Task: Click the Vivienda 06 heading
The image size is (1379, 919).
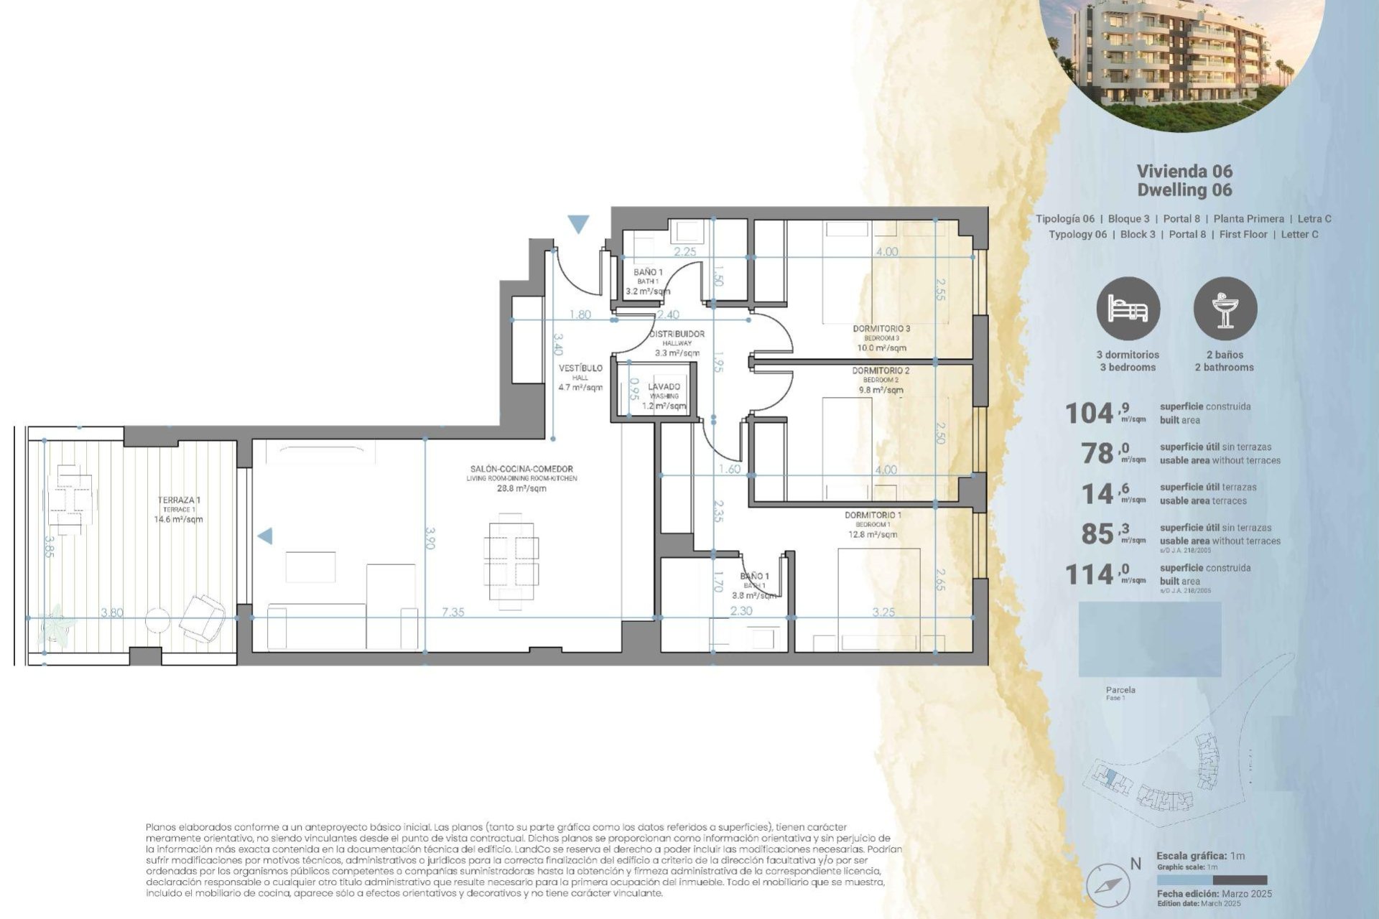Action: [1184, 171]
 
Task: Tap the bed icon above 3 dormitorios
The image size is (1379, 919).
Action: [1128, 309]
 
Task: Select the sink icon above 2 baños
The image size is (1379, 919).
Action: [1225, 309]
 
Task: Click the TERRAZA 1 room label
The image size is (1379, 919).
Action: [179, 500]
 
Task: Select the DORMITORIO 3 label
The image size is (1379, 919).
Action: [881, 329]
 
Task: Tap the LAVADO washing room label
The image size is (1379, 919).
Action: [664, 387]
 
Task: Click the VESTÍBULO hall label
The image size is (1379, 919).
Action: [580, 368]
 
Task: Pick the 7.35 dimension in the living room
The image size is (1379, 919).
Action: [452, 612]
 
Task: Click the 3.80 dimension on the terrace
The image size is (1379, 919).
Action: [112, 612]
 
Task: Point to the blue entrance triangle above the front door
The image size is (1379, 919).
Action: [578, 224]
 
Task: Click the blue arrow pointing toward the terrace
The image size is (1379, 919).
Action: [265, 536]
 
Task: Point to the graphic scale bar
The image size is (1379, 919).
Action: [1212, 880]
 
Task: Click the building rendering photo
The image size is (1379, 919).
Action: [1181, 57]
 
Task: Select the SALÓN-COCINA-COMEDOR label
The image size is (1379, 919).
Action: [521, 469]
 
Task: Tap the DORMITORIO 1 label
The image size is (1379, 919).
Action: [873, 515]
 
